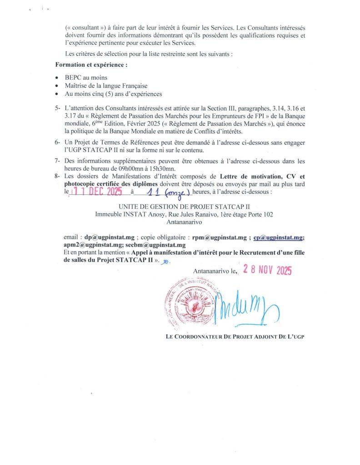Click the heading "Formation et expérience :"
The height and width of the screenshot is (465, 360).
(x=91, y=65)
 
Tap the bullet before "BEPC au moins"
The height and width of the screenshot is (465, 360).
(x=56, y=78)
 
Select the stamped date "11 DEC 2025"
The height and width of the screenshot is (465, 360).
(x=96, y=192)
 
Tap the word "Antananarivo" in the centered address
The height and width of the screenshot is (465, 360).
(x=180, y=222)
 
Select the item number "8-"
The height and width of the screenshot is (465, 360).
(x=57, y=176)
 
